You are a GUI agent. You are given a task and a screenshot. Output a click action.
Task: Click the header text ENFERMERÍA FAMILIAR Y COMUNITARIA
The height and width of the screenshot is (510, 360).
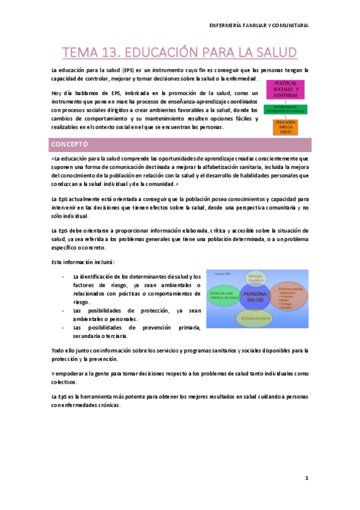pyautogui.click(x=259, y=25)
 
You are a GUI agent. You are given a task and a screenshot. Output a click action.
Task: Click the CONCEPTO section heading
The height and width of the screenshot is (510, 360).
pyautogui.click(x=70, y=145)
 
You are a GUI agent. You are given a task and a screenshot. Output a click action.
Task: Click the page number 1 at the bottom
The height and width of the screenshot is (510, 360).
pyautogui.click(x=306, y=478)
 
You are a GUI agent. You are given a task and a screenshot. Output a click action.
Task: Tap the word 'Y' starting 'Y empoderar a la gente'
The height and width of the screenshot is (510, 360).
pyautogui.click(x=53, y=373)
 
